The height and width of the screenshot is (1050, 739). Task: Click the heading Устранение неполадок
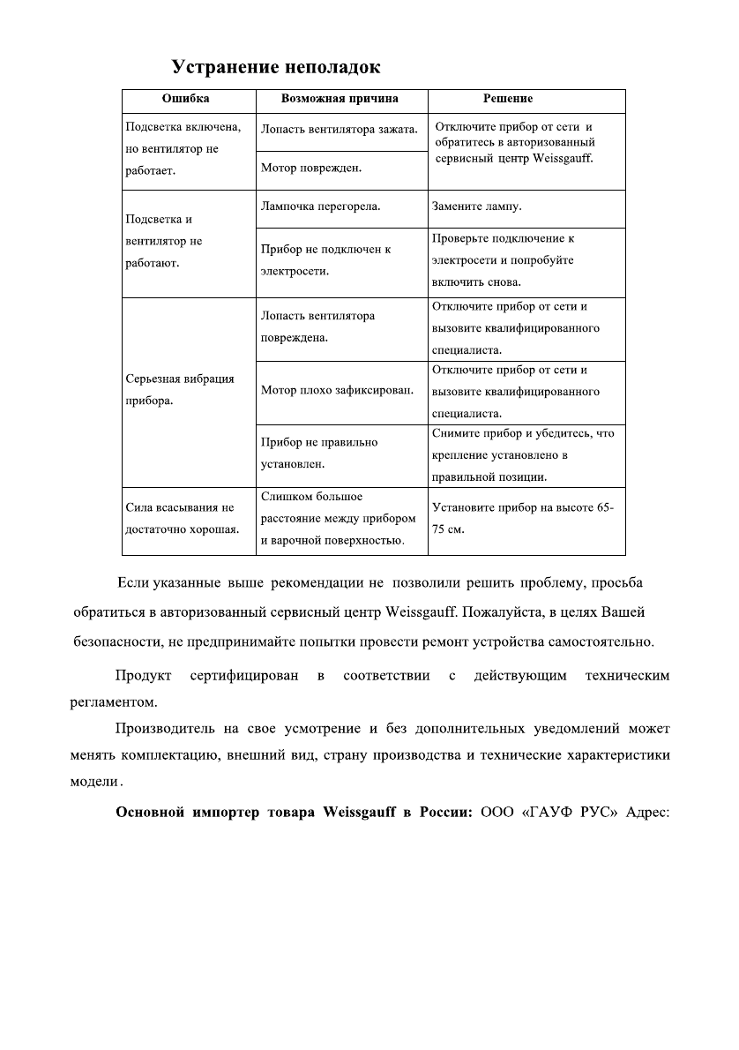point(276,67)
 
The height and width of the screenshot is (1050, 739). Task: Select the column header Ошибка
point(186,99)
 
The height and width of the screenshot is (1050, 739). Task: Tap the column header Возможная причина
point(340,99)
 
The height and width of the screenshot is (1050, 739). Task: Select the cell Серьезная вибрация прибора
point(180,389)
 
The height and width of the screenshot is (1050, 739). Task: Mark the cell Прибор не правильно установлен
point(319,452)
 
